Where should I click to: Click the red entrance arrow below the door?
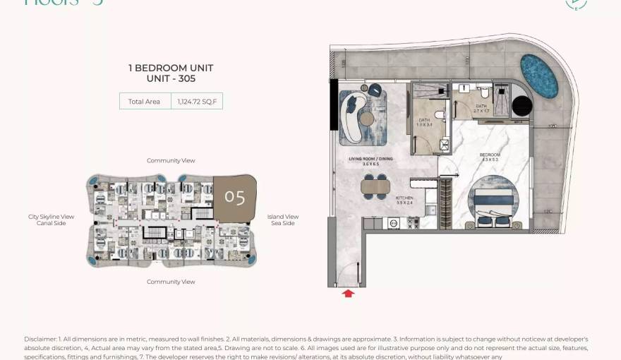click(347, 293)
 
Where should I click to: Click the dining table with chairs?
click(375, 186)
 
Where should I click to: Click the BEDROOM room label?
click(489, 155)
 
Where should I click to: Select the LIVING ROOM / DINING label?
click(370, 160)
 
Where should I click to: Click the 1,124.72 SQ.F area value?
click(196, 102)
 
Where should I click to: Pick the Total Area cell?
click(144, 102)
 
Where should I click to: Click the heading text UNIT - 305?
click(171, 79)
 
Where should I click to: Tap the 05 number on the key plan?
click(234, 196)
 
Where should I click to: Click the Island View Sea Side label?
click(282, 220)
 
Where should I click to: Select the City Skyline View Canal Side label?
click(51, 220)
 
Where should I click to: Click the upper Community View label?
click(171, 161)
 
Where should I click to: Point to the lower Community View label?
click(171, 282)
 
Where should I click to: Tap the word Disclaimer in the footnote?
click(40, 340)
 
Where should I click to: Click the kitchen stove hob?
click(411, 223)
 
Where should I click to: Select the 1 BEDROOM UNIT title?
click(171, 68)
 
